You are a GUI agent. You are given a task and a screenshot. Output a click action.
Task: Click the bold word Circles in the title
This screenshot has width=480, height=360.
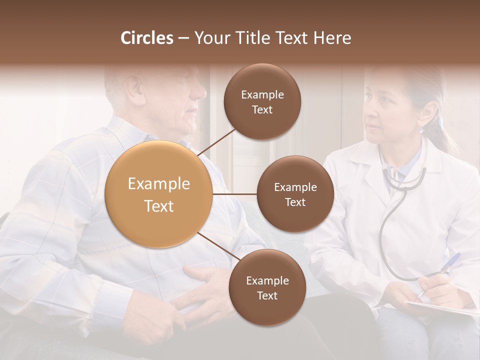pos(146,38)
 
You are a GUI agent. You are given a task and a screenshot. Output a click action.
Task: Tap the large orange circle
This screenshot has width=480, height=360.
pos(159,194)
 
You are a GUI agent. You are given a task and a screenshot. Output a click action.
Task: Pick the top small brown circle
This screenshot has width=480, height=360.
pos(262,102)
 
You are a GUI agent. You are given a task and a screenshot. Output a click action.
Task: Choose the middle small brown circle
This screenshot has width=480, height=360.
pos(295,194)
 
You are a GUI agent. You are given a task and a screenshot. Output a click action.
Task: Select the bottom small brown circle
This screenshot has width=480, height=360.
pos(267,287)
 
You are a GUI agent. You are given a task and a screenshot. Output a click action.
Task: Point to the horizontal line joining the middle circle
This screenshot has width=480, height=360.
pos(235,194)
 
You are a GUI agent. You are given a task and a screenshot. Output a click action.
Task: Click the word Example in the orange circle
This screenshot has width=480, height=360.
pos(159,184)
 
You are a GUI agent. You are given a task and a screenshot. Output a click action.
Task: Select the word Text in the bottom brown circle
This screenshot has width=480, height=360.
pos(267,295)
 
